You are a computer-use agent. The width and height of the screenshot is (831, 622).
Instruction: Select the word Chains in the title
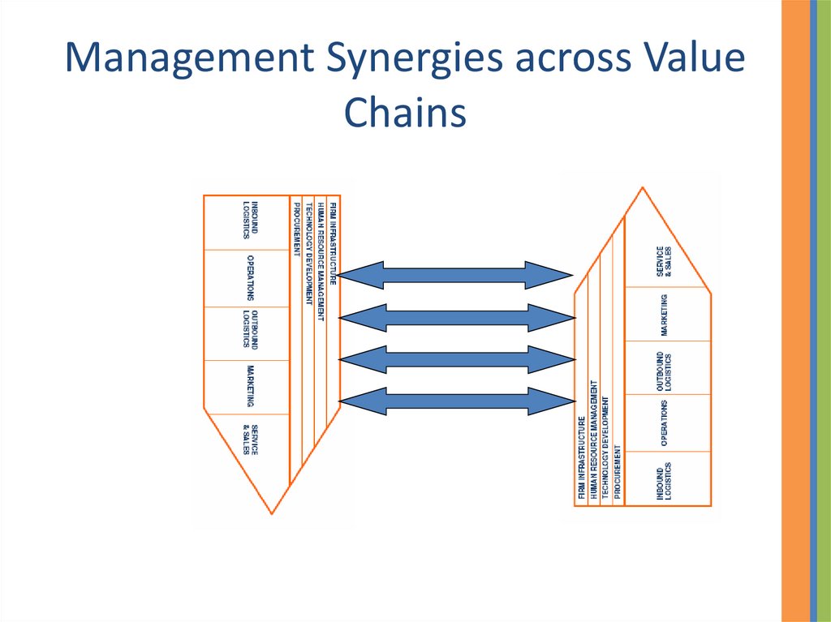click(x=405, y=113)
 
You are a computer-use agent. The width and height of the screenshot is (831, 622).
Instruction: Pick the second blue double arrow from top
click(x=454, y=317)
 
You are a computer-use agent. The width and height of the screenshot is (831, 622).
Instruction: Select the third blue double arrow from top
click(x=454, y=358)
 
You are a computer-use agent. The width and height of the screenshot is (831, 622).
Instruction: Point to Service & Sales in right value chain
click(x=663, y=262)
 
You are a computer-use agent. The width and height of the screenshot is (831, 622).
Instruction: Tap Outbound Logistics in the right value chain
click(x=663, y=370)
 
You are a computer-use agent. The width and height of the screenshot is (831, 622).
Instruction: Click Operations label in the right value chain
click(x=664, y=423)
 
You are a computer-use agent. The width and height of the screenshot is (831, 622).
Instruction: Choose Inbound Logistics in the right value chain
click(x=663, y=481)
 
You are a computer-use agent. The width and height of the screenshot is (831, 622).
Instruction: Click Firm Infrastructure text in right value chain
click(x=581, y=460)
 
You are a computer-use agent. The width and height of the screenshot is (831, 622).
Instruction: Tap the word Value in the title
click(x=698, y=62)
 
